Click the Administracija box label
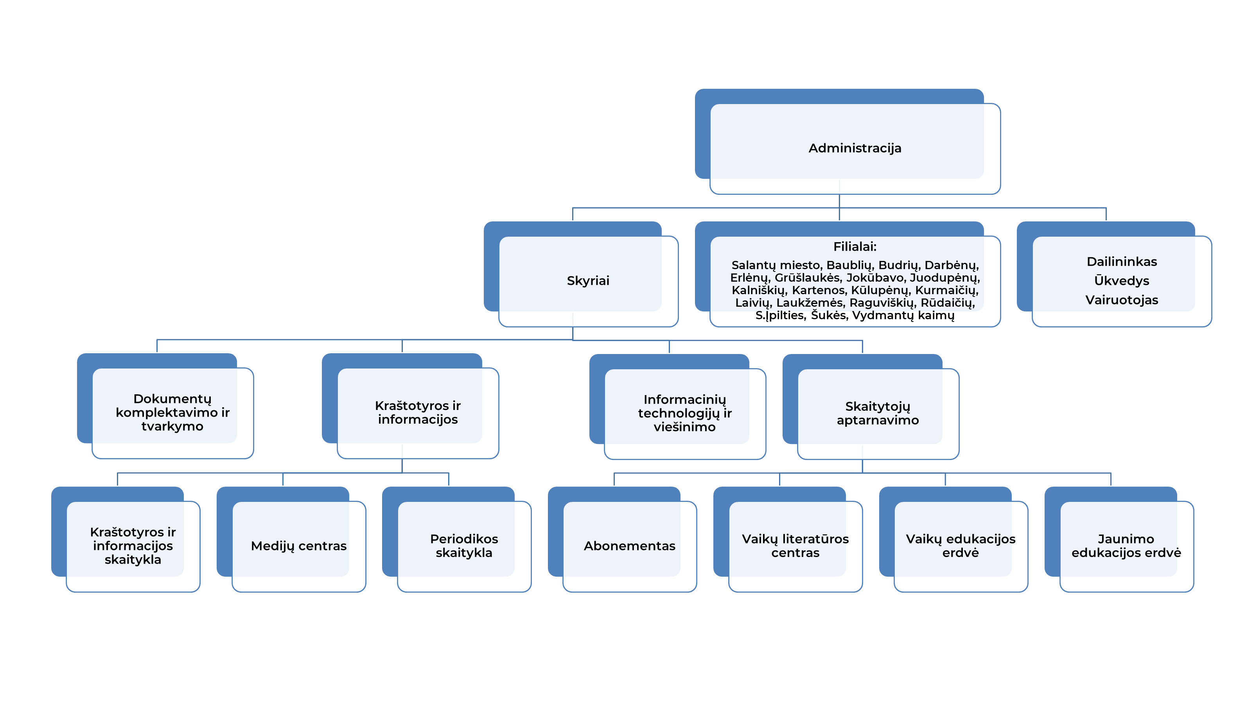pyautogui.click(x=855, y=148)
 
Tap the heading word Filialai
pyautogui.click(x=854, y=247)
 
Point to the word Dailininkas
pyautogui.click(x=1122, y=262)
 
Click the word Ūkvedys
pyautogui.click(x=1122, y=280)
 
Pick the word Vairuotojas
pyautogui.click(x=1122, y=300)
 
